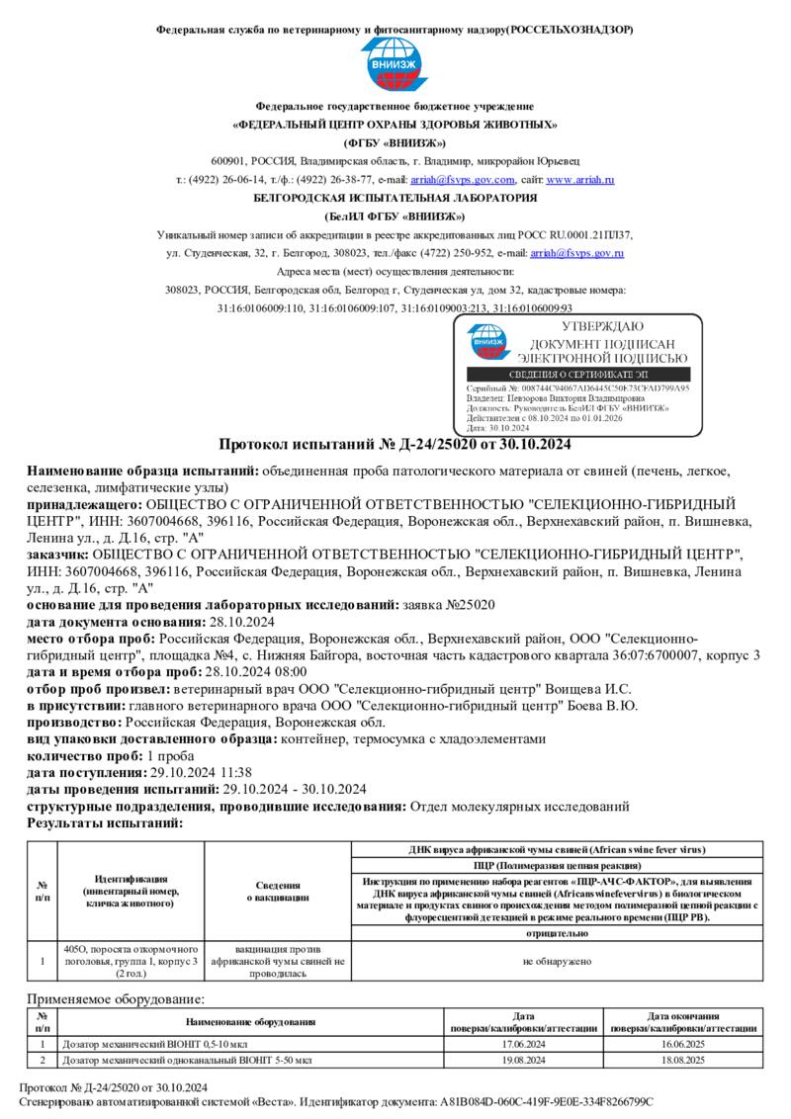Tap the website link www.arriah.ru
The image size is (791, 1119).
580,180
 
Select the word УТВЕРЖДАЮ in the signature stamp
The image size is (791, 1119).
602,326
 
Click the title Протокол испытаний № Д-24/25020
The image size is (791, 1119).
395,443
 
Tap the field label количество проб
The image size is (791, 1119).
84,756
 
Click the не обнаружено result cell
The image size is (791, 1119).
558,960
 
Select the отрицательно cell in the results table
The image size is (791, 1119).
558,932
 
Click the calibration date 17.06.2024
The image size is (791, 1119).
524,1043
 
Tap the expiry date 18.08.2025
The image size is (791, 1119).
682,1060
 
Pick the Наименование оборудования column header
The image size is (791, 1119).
250,1021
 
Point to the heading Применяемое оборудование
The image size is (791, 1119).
115,999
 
